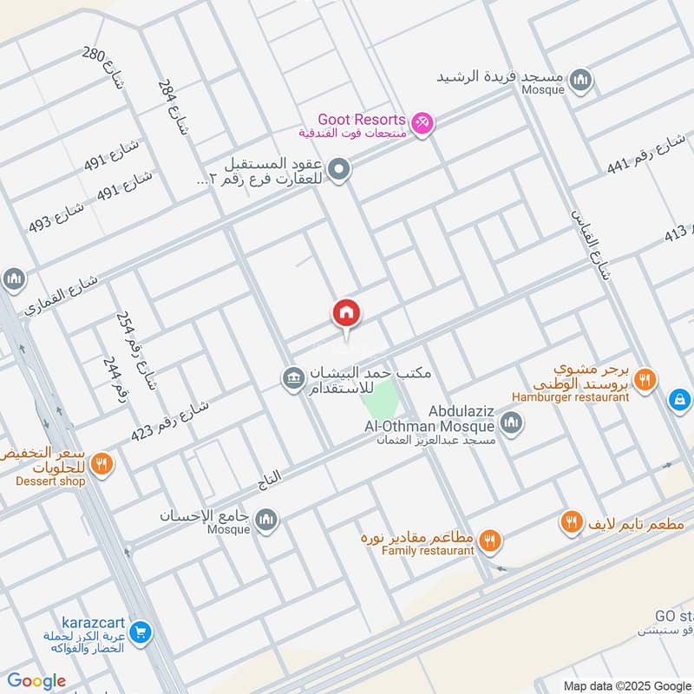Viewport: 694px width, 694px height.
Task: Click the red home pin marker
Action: tap(346, 313)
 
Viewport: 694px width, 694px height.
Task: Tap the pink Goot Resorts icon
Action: tap(422, 125)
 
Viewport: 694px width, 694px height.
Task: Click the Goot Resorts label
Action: tap(362, 119)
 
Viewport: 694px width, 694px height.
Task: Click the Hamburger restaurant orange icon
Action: tap(645, 378)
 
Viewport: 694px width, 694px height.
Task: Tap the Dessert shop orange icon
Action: tap(101, 462)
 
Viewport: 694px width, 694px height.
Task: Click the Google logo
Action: tap(36, 681)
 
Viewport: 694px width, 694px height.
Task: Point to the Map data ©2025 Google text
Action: tap(625, 684)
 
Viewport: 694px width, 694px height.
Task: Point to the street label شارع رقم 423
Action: tap(169, 419)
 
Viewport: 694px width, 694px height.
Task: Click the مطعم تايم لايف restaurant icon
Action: tap(571, 522)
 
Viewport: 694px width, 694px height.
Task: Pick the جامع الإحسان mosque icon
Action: tap(265, 519)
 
